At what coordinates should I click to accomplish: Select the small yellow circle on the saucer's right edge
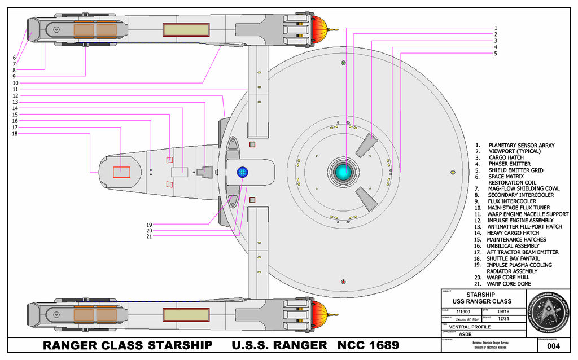[x=453, y=172]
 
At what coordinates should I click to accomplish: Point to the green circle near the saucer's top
[x=343, y=63]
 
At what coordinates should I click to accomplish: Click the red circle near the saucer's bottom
[x=343, y=282]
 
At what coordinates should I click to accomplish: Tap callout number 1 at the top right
[x=495, y=28]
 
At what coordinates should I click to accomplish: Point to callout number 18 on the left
[x=15, y=134]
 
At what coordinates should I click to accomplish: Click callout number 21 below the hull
[x=149, y=236]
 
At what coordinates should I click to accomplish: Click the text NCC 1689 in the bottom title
[x=368, y=345]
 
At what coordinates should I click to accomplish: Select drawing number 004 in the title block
[x=553, y=346]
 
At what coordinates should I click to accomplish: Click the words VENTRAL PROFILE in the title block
[x=470, y=327]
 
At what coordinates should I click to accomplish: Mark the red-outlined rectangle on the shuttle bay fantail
[x=121, y=173]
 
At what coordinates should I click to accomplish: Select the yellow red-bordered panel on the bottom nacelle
[x=186, y=315]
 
